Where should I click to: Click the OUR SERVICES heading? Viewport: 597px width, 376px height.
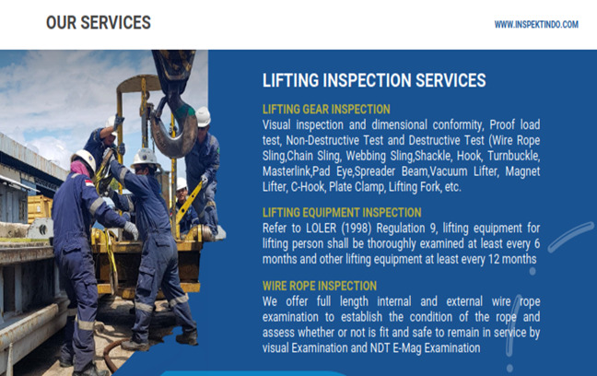click(x=99, y=22)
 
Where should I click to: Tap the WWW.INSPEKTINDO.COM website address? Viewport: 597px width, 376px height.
click(x=536, y=25)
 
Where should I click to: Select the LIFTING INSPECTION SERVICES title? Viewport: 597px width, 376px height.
click(x=374, y=80)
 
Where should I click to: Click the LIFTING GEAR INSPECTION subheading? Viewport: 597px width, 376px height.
click(x=326, y=110)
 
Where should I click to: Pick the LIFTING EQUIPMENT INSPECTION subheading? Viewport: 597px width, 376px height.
click(x=342, y=213)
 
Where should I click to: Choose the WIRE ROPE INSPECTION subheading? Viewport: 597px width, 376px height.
click(x=320, y=286)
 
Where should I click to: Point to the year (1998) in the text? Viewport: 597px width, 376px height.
click(x=356, y=229)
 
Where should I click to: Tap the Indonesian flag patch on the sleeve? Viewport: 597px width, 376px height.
click(x=89, y=183)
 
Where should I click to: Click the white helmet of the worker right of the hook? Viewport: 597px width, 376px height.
click(x=203, y=116)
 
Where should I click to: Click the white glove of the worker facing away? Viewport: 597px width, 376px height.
click(x=132, y=230)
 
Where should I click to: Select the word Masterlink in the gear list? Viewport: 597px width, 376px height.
click(x=287, y=171)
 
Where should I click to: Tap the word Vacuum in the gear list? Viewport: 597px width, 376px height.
click(x=449, y=171)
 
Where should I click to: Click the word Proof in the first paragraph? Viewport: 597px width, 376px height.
click(x=502, y=125)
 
